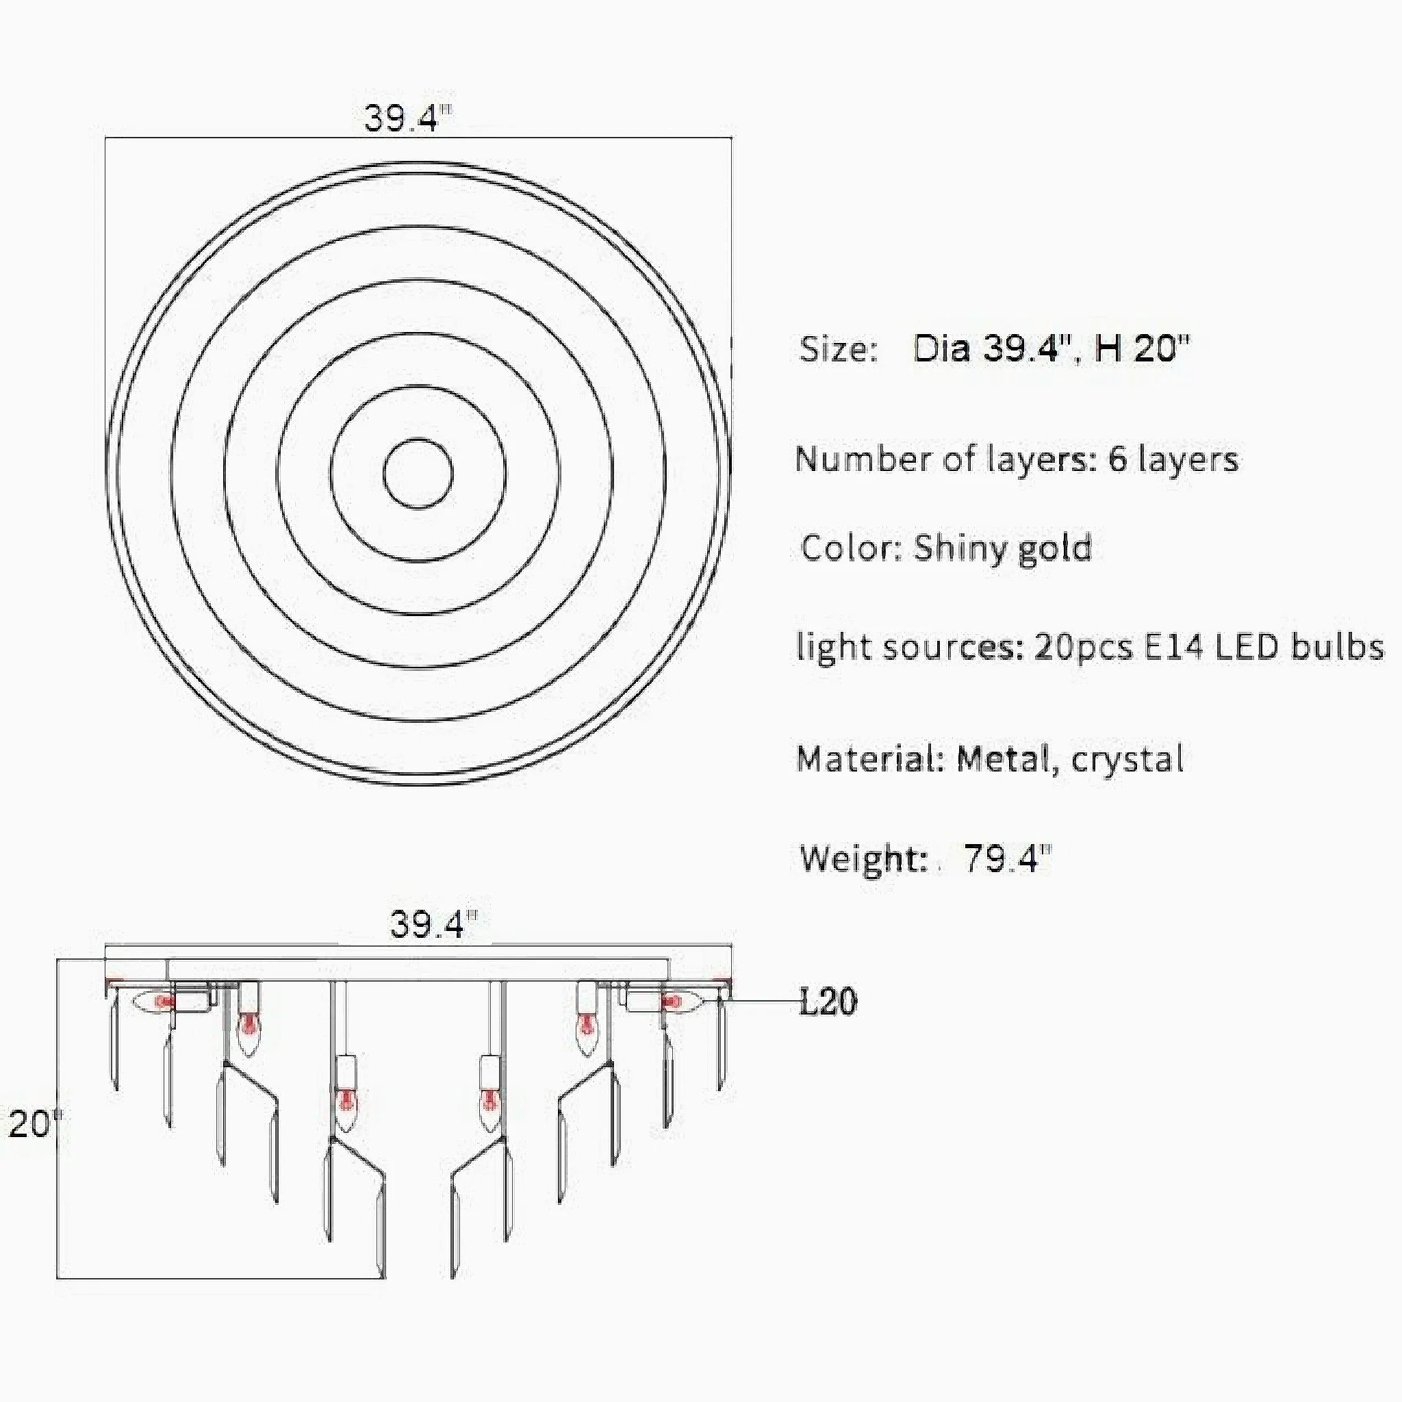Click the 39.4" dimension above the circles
(x=408, y=118)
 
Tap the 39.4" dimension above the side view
(x=434, y=923)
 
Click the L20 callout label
(x=828, y=1002)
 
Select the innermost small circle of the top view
(x=418, y=439)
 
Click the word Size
(x=838, y=350)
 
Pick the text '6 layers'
(x=1173, y=459)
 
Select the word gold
(x=1056, y=548)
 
